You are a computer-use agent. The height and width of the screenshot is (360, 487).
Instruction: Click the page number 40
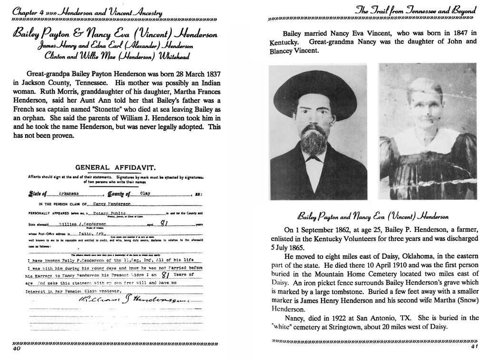point(17,348)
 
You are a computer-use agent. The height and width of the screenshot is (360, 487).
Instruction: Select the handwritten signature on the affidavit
point(125,301)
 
